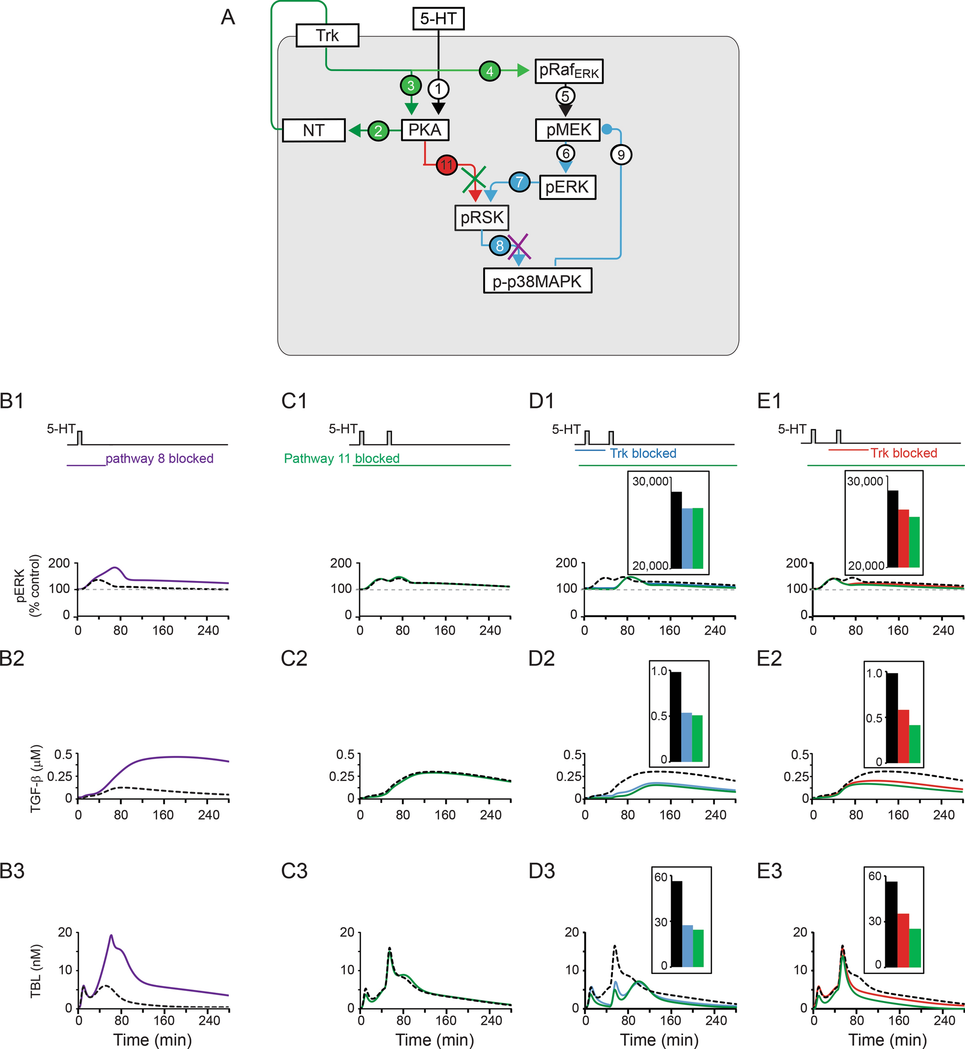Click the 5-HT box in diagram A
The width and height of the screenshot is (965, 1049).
(438, 19)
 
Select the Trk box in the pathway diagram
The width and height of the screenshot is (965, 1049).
(327, 36)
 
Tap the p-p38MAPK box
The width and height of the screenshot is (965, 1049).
(538, 281)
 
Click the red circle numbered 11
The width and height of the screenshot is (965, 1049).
(447, 165)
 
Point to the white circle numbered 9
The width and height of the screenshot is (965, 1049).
(621, 154)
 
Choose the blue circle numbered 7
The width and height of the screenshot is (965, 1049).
(519, 182)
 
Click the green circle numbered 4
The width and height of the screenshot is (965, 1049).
(489, 71)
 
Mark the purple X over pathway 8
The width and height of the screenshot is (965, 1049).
(520, 247)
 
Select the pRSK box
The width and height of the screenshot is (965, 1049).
(481, 217)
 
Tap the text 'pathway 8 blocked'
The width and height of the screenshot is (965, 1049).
(159, 458)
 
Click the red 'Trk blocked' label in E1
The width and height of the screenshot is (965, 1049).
(903, 453)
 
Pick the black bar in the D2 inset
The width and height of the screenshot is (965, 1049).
(676, 716)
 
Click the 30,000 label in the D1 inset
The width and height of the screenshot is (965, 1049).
(650, 481)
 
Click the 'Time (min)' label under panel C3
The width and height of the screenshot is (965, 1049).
(435, 1039)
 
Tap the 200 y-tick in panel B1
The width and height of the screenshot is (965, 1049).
(59, 563)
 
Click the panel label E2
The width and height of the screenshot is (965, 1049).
(769, 659)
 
